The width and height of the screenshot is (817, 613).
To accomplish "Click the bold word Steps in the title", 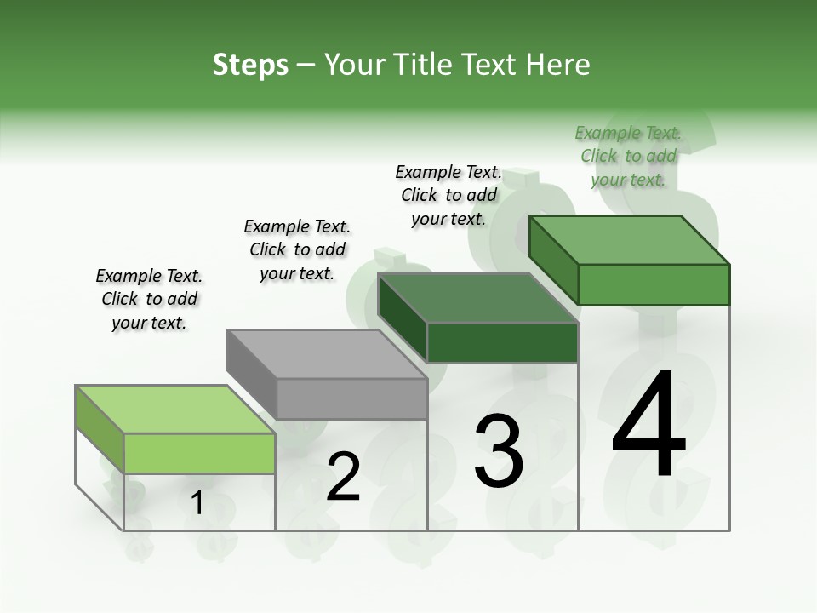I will (250, 65).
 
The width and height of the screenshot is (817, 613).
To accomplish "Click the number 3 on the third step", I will (499, 451).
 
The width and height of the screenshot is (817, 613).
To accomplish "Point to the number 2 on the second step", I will (343, 477).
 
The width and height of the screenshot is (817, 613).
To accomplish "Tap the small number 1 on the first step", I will (197, 503).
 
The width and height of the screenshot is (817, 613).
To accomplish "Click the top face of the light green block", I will (174, 410).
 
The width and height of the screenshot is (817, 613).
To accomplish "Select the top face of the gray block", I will (327, 353).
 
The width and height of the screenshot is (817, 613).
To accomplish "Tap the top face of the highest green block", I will (630, 240).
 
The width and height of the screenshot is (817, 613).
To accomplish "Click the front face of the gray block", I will (352, 398).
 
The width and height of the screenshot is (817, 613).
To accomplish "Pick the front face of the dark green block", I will (502, 343).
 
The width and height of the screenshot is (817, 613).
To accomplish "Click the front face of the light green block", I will (199, 453).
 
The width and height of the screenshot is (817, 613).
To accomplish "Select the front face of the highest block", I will (654, 284).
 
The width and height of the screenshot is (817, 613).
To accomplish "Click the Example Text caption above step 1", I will (149, 299).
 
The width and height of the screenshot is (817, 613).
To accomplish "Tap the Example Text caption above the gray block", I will (297, 249).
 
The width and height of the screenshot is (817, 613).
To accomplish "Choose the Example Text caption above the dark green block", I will (448, 195).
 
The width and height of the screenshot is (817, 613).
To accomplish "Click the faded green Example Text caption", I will (628, 156).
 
